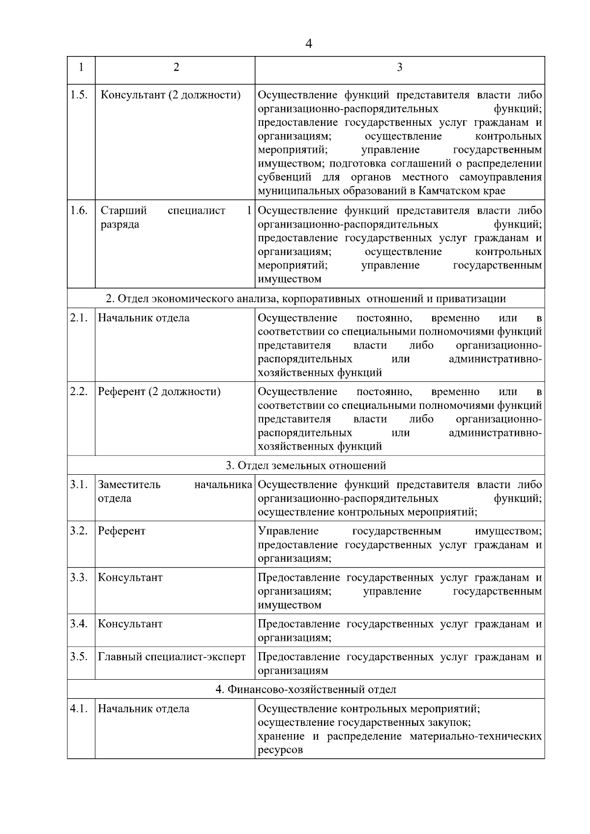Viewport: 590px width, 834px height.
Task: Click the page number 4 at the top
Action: point(308,44)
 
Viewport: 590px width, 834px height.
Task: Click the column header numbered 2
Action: point(176,67)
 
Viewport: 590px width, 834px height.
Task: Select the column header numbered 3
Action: point(399,67)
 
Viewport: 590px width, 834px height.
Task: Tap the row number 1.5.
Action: point(79,95)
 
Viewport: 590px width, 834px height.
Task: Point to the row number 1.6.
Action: point(79,211)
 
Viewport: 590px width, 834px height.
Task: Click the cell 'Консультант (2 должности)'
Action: point(170,95)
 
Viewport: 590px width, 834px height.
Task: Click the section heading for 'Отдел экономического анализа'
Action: point(306,298)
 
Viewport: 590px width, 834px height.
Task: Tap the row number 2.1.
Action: point(79,318)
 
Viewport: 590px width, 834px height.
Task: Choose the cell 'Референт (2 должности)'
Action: point(159,392)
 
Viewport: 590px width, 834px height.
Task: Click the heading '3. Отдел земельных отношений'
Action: point(306,465)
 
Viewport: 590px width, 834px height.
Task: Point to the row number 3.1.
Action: point(79,485)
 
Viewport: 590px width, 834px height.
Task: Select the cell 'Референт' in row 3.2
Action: point(121,531)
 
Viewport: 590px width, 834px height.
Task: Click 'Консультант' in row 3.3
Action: point(130,577)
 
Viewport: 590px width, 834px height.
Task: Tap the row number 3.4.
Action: point(79,624)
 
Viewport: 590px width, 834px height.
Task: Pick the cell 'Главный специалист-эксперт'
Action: point(172,657)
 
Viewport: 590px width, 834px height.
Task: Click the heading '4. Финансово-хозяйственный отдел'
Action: point(306,690)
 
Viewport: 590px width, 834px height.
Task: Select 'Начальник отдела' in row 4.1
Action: point(144,709)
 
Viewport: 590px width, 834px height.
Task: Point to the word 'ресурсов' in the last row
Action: point(280,750)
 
